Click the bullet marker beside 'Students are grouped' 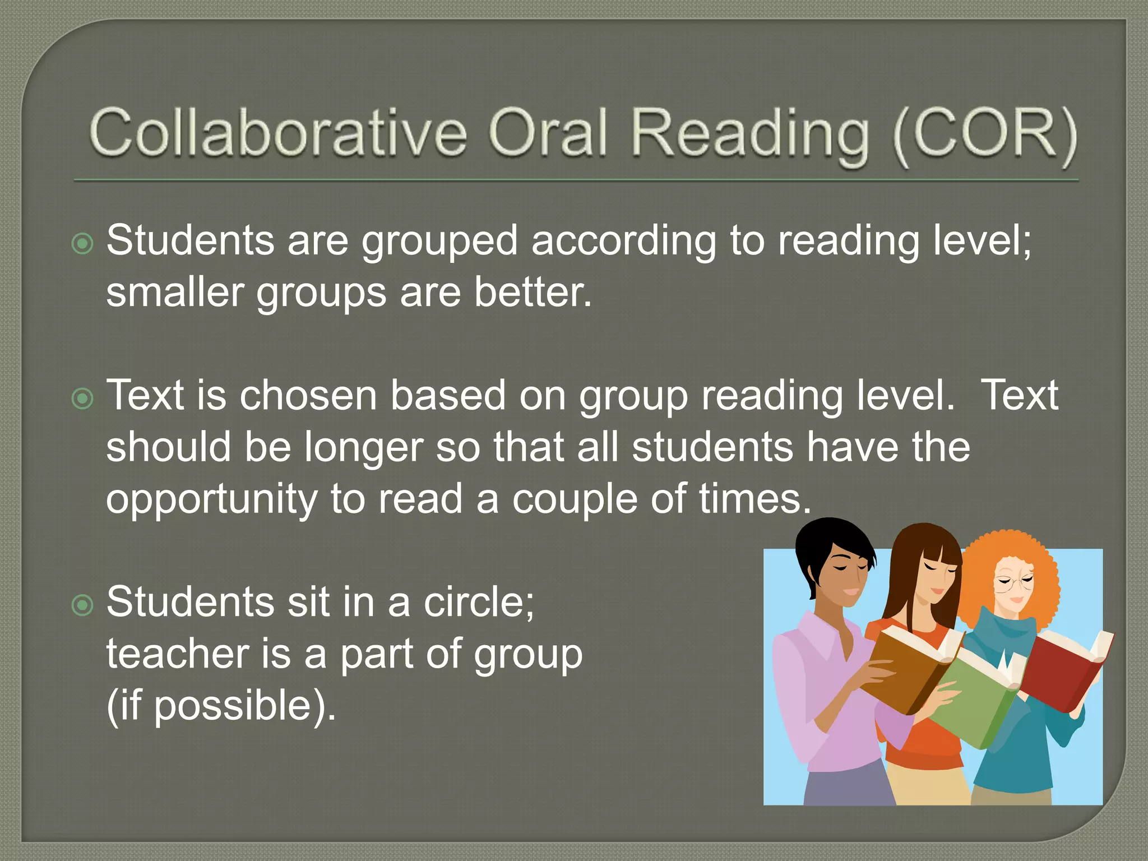pyautogui.click(x=83, y=243)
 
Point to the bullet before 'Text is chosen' pyautogui.click(x=83, y=399)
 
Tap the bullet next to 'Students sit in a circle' pyautogui.click(x=83, y=605)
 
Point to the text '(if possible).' pyautogui.click(x=221, y=706)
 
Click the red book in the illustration pyautogui.click(x=1062, y=673)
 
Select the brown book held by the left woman pyautogui.click(x=908, y=670)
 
